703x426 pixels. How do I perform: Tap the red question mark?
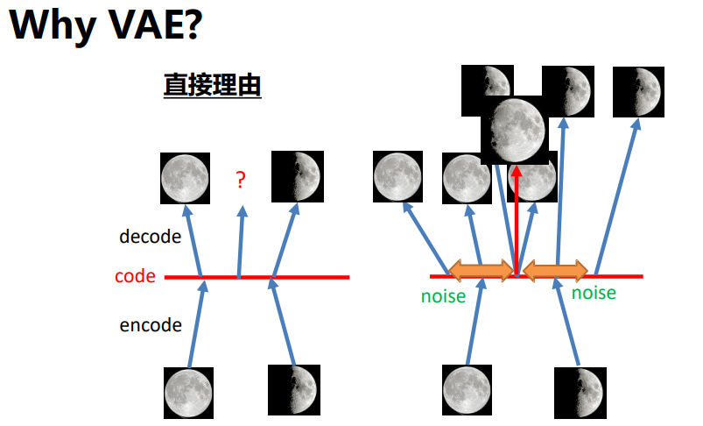pos(241,181)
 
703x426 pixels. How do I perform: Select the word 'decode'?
pos(150,237)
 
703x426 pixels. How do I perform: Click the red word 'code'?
pos(135,277)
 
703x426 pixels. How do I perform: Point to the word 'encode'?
pos(151,325)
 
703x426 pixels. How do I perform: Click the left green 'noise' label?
pos(444,295)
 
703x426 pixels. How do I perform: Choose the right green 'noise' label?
pos(594,293)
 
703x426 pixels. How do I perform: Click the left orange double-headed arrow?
pos(481,269)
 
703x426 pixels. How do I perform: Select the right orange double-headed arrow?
pos(555,269)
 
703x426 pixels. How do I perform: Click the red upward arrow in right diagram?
pos(517,219)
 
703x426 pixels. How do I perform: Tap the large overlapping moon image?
pos(516,130)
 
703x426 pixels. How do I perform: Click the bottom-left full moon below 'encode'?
pos(188,392)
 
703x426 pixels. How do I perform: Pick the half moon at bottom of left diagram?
pos(292,388)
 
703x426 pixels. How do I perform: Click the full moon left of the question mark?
pos(185,177)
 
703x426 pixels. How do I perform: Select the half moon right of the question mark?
pos(297,176)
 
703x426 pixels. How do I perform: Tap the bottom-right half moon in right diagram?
pos(579,392)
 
